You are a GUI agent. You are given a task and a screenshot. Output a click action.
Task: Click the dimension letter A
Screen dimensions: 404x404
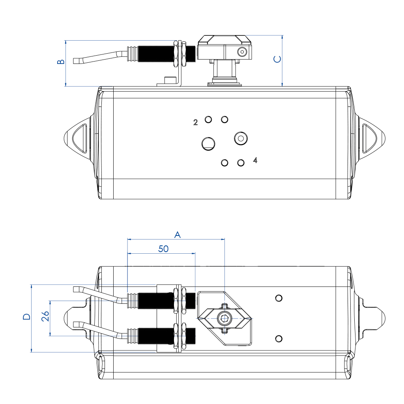click(x=178, y=235)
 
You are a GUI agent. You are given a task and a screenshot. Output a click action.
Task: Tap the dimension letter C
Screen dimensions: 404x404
click(x=277, y=59)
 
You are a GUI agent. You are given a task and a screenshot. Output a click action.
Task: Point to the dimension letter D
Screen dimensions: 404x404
click(x=26, y=317)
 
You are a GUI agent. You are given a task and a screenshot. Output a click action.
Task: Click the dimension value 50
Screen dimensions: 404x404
click(x=163, y=249)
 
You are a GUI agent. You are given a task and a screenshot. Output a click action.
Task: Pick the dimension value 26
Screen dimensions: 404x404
click(x=45, y=316)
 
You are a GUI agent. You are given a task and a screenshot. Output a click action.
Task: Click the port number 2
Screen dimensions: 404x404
click(x=195, y=122)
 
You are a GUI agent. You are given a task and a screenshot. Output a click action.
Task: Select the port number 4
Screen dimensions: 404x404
click(x=255, y=160)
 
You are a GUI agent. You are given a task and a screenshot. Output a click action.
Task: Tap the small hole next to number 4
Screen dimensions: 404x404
click(x=241, y=163)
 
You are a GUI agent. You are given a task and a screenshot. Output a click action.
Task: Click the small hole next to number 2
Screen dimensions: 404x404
click(x=208, y=119)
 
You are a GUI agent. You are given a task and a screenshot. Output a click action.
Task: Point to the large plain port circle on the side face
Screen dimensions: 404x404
click(x=208, y=143)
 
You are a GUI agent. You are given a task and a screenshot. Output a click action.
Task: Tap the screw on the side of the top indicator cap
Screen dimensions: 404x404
click(x=242, y=51)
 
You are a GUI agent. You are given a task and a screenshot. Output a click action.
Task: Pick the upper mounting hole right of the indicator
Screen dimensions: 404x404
click(x=279, y=297)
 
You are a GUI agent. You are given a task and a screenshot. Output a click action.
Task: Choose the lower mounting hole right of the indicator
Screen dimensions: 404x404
click(x=279, y=338)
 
